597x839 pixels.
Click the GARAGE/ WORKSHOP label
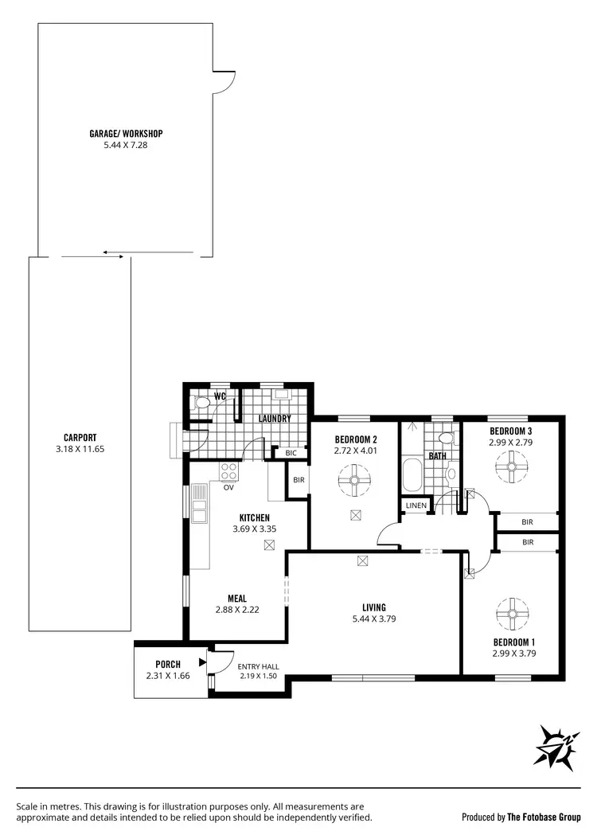pos(126,134)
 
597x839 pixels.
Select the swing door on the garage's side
pos(224,80)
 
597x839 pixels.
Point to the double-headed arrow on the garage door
pos(113,256)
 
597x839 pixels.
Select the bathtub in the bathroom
pos(412,475)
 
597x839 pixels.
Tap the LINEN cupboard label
pos(416,505)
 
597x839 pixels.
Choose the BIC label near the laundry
pos(291,453)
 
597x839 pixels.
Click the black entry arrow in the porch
pos(202,661)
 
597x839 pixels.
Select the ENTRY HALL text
pos(259,667)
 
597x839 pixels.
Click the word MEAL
pos(236,599)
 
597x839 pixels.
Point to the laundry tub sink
pos(282,394)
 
